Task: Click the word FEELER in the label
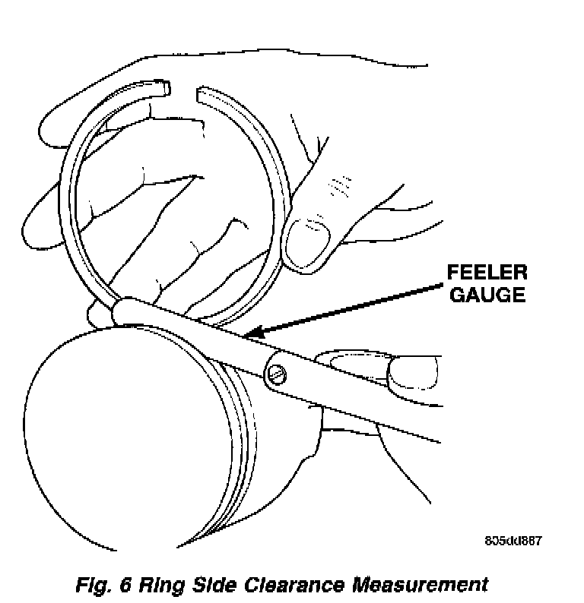tap(487, 273)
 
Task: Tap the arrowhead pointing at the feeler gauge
tap(255, 333)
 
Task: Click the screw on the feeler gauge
tap(278, 374)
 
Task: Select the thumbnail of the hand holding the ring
tap(308, 244)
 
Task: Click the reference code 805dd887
tap(513, 541)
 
